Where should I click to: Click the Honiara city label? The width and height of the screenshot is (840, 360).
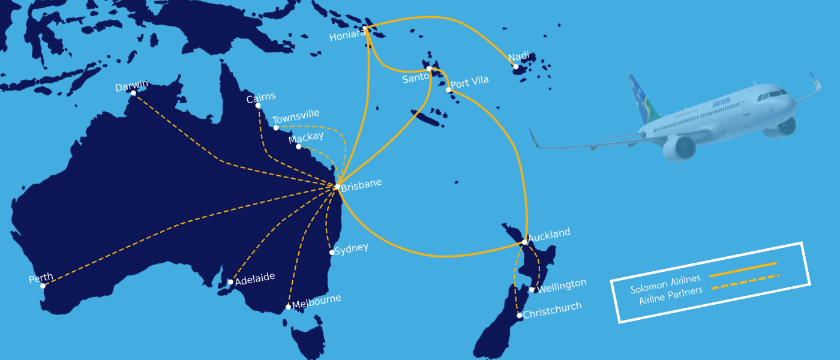347,36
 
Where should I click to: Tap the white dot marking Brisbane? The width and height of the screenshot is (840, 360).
337,187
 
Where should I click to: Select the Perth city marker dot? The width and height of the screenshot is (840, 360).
43,286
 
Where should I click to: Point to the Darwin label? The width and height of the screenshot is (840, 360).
131,87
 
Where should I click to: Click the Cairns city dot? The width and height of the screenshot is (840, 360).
258,106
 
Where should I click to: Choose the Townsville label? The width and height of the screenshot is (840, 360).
296,115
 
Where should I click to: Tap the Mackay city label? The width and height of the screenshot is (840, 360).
306,138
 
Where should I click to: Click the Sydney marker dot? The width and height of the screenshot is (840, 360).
332,253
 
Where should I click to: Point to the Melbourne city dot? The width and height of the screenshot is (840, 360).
289,307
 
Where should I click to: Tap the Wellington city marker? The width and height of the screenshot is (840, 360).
532,290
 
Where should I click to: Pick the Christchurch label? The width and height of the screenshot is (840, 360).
552,310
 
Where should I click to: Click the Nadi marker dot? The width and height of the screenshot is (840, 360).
515,67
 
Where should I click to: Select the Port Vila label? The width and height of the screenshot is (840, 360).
470,82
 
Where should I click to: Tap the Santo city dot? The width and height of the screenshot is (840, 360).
428,69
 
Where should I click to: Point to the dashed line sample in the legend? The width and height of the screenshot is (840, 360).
745,281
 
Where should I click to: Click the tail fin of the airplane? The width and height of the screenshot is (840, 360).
641,97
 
